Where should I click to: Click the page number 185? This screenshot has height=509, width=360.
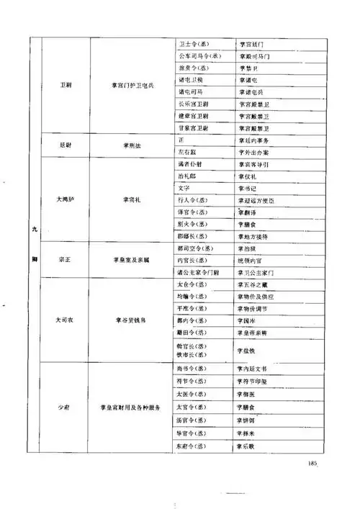pyautogui.click(x=310, y=462)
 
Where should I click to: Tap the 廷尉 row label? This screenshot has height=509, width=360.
pyautogui.click(x=66, y=144)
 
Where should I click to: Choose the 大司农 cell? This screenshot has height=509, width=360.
pyautogui.click(x=66, y=317)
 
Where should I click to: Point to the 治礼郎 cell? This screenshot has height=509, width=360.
pyautogui.click(x=185, y=175)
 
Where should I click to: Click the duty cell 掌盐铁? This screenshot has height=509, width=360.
pyautogui.click(x=248, y=349)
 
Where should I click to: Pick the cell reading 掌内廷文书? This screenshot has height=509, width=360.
pyautogui.click(x=256, y=369)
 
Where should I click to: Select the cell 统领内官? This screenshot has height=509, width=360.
pyautogui.click(x=253, y=260)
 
